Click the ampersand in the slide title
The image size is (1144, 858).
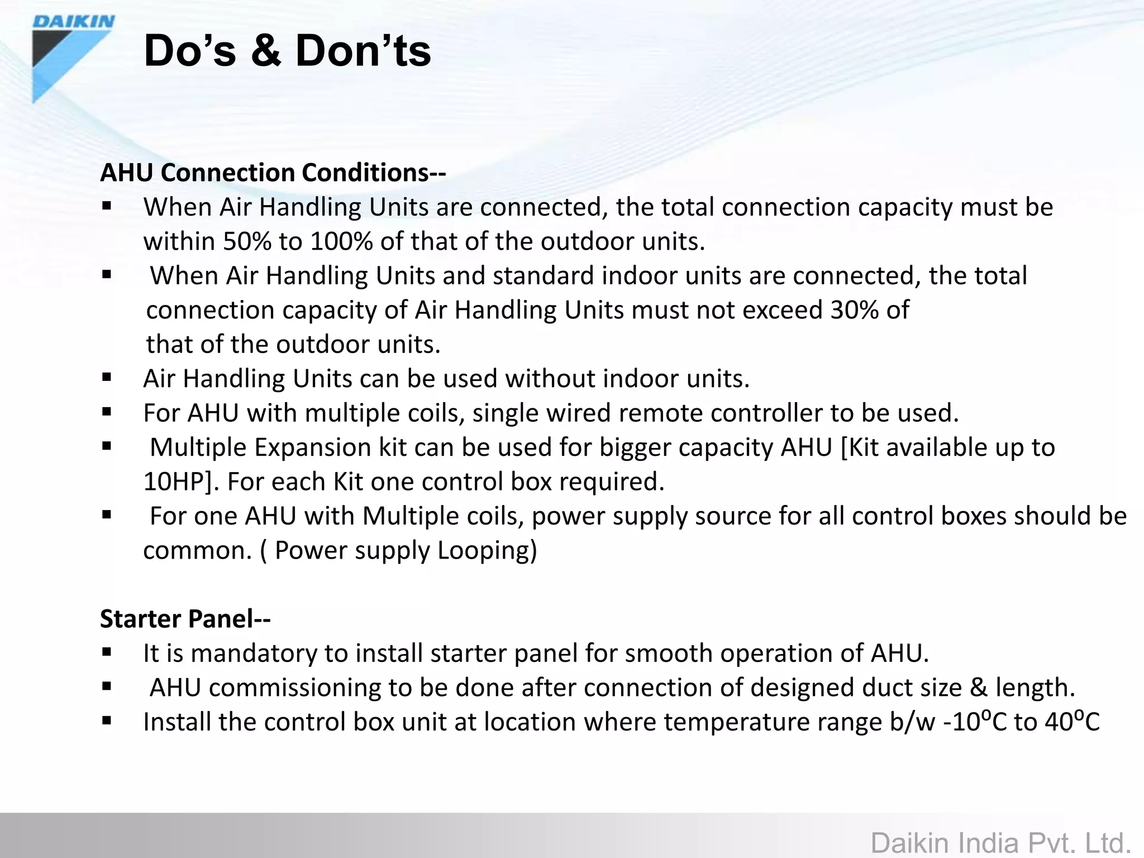[265, 51]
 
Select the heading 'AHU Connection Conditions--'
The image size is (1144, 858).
[273, 173]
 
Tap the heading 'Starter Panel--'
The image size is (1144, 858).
[185, 619]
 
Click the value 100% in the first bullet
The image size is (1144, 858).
[341, 242]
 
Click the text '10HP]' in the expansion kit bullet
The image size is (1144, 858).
[181, 482]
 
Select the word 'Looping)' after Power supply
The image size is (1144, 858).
[487, 551]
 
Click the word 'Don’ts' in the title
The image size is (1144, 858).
[363, 51]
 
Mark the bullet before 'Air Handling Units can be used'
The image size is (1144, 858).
[107, 378]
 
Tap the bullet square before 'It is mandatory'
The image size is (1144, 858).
[107, 652]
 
